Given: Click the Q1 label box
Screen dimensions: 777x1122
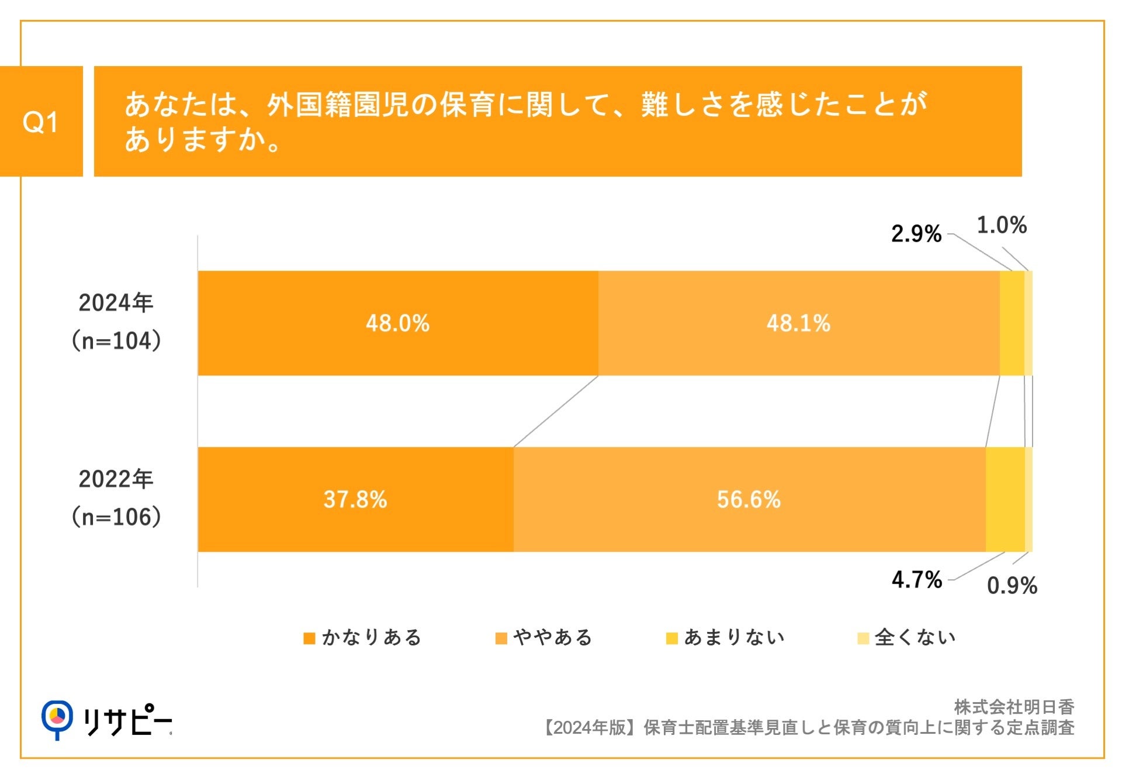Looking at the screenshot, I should click(x=41, y=122).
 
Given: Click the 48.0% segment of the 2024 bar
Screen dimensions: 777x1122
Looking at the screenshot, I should click(x=398, y=323).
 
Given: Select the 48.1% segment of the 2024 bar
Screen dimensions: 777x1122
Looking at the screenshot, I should click(x=798, y=323).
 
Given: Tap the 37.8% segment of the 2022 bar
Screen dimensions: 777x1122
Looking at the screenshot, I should click(x=355, y=500).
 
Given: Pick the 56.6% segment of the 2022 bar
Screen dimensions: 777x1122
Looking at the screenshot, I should click(x=749, y=500).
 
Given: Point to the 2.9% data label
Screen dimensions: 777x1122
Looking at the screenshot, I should click(x=916, y=234).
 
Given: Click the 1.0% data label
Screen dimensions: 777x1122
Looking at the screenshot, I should click(x=1002, y=225).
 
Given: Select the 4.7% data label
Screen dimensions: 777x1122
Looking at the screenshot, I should click(x=916, y=580).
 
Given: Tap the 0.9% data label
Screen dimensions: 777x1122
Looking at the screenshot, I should click(x=1012, y=586).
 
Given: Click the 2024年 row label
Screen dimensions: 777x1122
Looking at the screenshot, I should click(x=116, y=303).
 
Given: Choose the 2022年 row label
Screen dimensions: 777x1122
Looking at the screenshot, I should click(x=116, y=479).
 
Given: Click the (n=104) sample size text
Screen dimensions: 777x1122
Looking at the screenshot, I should click(x=116, y=341).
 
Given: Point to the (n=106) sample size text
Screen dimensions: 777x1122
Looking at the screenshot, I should click(x=116, y=517).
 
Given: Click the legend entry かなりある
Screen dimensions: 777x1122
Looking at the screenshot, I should click(x=363, y=637).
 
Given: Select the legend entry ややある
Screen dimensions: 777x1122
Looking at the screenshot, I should click(x=544, y=637).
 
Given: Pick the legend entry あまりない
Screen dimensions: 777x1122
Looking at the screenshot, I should click(x=726, y=637).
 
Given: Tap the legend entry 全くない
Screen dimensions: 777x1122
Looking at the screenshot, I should click(x=907, y=637).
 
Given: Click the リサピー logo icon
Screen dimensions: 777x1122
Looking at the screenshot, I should click(x=57, y=719).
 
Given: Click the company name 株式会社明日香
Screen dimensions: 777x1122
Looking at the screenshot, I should click(x=1014, y=707).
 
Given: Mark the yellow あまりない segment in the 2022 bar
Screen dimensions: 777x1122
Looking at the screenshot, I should click(x=1005, y=500).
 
